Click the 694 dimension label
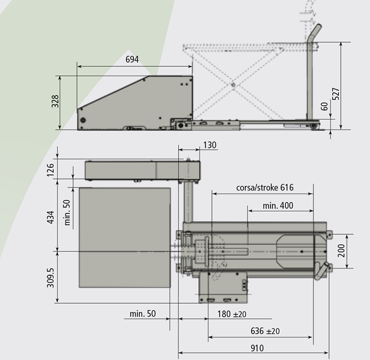[x=132, y=59]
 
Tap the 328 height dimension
[x=55, y=102]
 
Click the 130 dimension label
[x=209, y=145]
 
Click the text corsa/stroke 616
[x=265, y=187]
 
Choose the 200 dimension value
[x=341, y=249]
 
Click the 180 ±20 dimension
[x=232, y=314]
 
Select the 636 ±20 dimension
[x=265, y=331]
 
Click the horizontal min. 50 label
[x=143, y=314]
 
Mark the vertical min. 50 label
[x=68, y=212]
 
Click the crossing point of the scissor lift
[x=232, y=83]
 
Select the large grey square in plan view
[x=125, y=237]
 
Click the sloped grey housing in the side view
[x=138, y=103]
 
